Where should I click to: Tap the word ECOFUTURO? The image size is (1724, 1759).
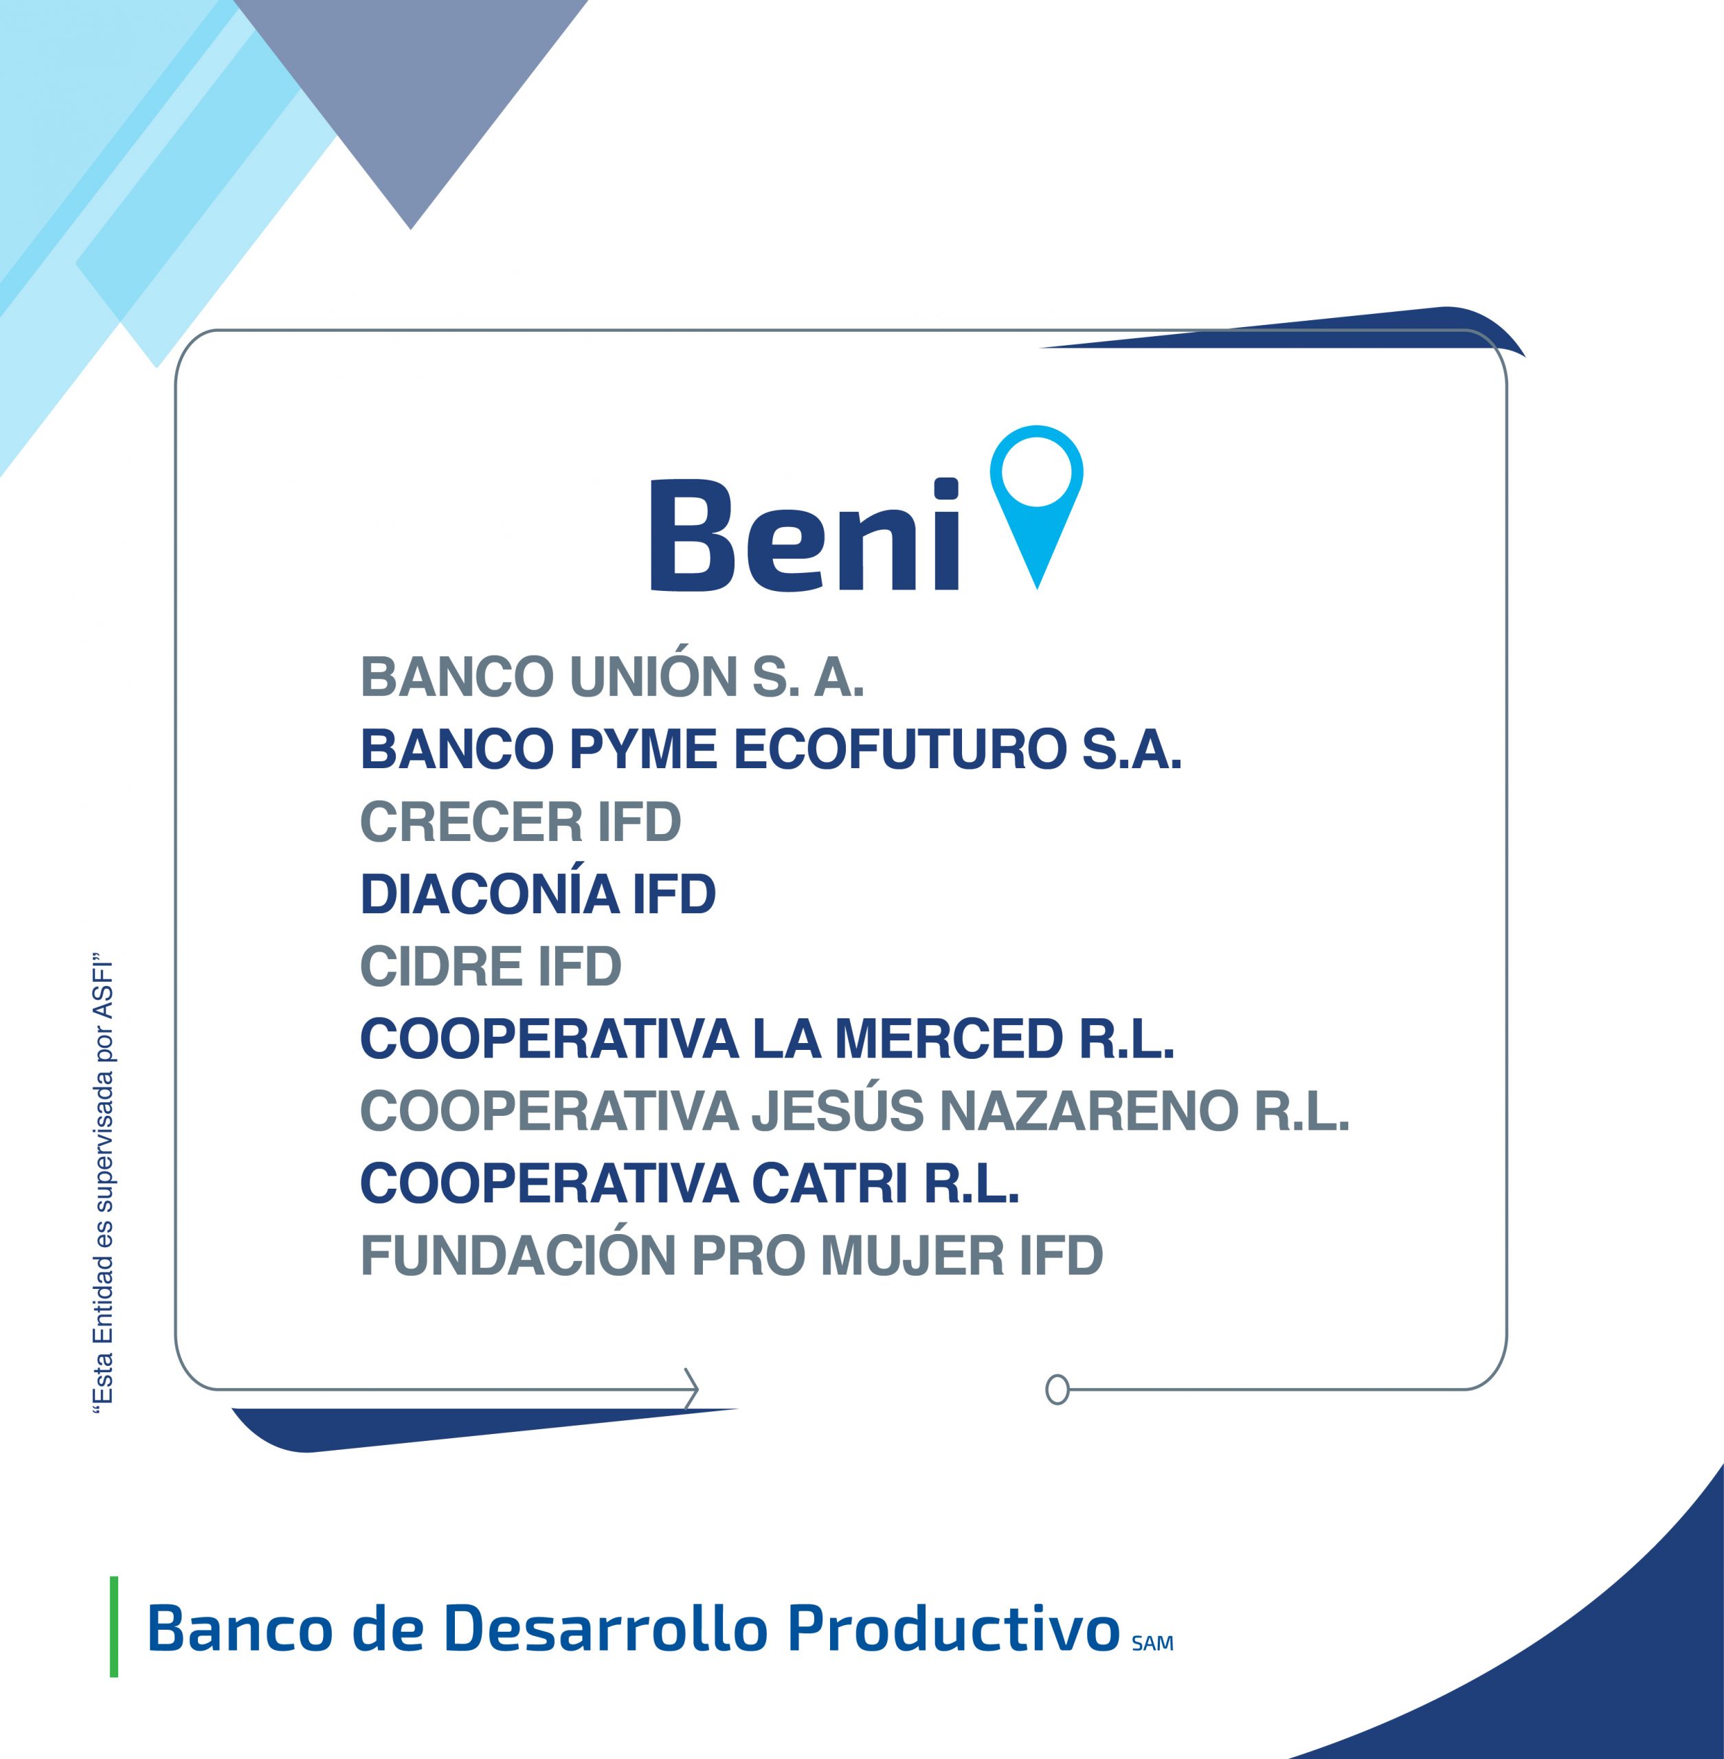[x=900, y=750]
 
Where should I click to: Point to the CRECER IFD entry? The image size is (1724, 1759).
[x=521, y=822]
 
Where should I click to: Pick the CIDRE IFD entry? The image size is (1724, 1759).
[x=491, y=966]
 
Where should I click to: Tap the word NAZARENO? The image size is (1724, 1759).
[x=1088, y=1111]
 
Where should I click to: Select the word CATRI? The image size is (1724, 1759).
[x=829, y=1183]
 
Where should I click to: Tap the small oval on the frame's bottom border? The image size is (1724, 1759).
[x=1057, y=1389]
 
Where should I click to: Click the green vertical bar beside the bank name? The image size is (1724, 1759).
[x=114, y=1627]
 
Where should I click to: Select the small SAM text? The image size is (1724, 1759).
[x=1152, y=1643]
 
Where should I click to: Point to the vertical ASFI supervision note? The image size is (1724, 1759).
[x=104, y=1183]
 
